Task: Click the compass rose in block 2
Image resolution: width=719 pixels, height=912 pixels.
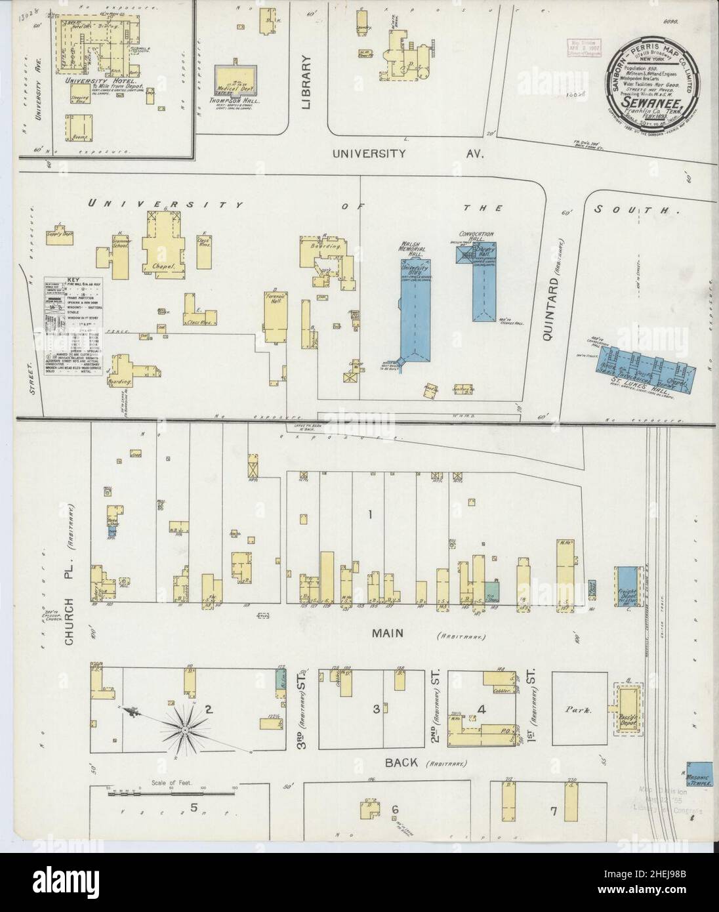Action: tap(186, 729)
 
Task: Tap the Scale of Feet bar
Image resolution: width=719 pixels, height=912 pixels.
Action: tap(171, 793)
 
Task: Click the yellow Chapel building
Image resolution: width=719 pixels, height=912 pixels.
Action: tap(161, 245)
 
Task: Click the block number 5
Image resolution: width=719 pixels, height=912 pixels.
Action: tap(194, 808)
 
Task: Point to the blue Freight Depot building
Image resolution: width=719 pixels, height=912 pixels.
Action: tap(627, 583)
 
